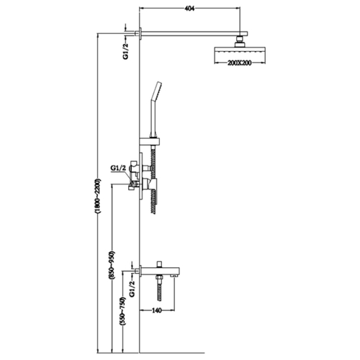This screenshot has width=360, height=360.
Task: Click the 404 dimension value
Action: pyautogui.click(x=189, y=9)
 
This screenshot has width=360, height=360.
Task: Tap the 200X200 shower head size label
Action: pyautogui.click(x=239, y=63)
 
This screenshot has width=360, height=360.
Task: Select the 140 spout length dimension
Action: pyautogui.click(x=157, y=310)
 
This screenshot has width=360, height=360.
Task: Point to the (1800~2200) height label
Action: pyautogui.click(x=99, y=196)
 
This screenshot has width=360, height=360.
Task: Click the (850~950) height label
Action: pyautogui.click(x=112, y=265)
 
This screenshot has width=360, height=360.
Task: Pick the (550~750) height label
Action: pyautogui.click(x=122, y=311)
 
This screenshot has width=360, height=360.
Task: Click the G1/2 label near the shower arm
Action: pyautogui.click(x=126, y=51)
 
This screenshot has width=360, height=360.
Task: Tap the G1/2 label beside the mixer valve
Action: pyautogui.click(x=118, y=168)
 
